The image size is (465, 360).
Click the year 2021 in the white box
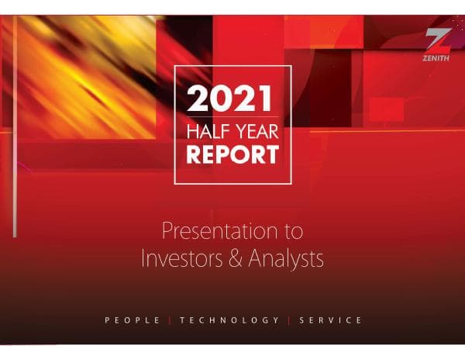(x=232, y=99)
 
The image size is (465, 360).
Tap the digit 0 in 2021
(x=221, y=99)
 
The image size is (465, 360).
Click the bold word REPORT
(x=232, y=154)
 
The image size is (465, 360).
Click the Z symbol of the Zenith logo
(x=438, y=38)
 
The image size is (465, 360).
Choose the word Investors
(x=181, y=258)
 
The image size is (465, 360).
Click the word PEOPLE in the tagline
(x=132, y=320)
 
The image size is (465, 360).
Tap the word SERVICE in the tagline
(x=330, y=320)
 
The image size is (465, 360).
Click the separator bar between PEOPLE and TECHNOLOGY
(x=170, y=320)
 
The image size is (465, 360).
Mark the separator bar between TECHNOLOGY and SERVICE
(x=288, y=320)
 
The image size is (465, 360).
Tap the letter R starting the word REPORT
(x=194, y=154)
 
